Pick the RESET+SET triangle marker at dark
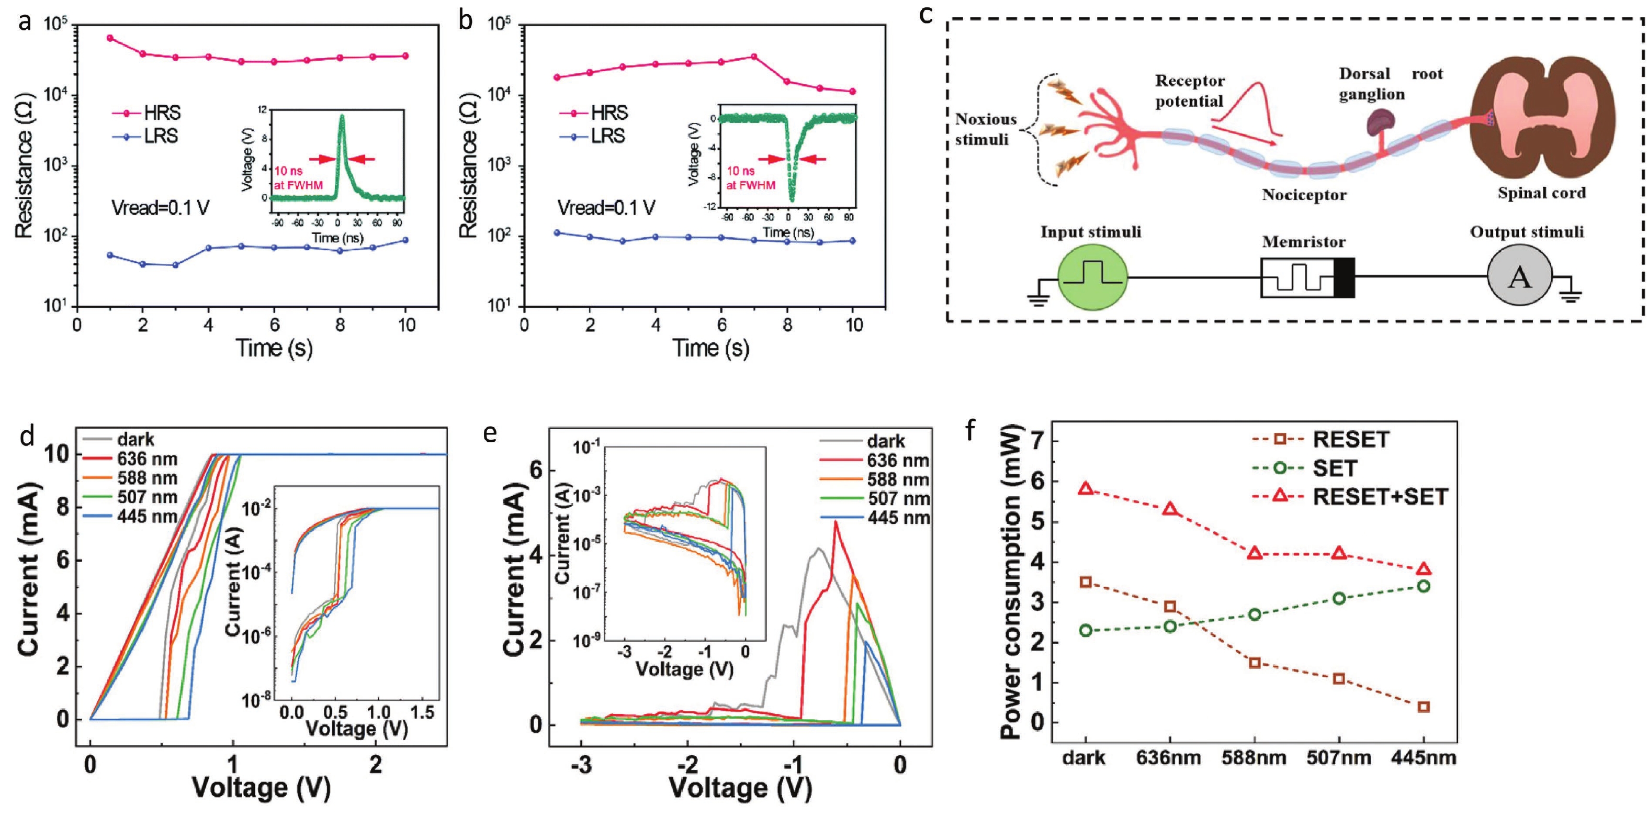click(x=1085, y=488)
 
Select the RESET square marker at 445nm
click(x=1424, y=707)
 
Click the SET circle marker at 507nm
click(x=1339, y=598)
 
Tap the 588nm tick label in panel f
click(x=1254, y=758)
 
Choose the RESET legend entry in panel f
click(x=1350, y=440)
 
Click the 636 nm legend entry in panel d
click(x=146, y=459)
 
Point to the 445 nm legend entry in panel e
click(x=898, y=518)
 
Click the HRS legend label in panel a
click(x=162, y=113)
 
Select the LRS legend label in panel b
click(x=608, y=136)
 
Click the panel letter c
click(x=925, y=14)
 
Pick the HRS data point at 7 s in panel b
click(x=753, y=57)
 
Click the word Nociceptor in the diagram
click(x=1304, y=195)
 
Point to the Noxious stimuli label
click(x=985, y=129)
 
